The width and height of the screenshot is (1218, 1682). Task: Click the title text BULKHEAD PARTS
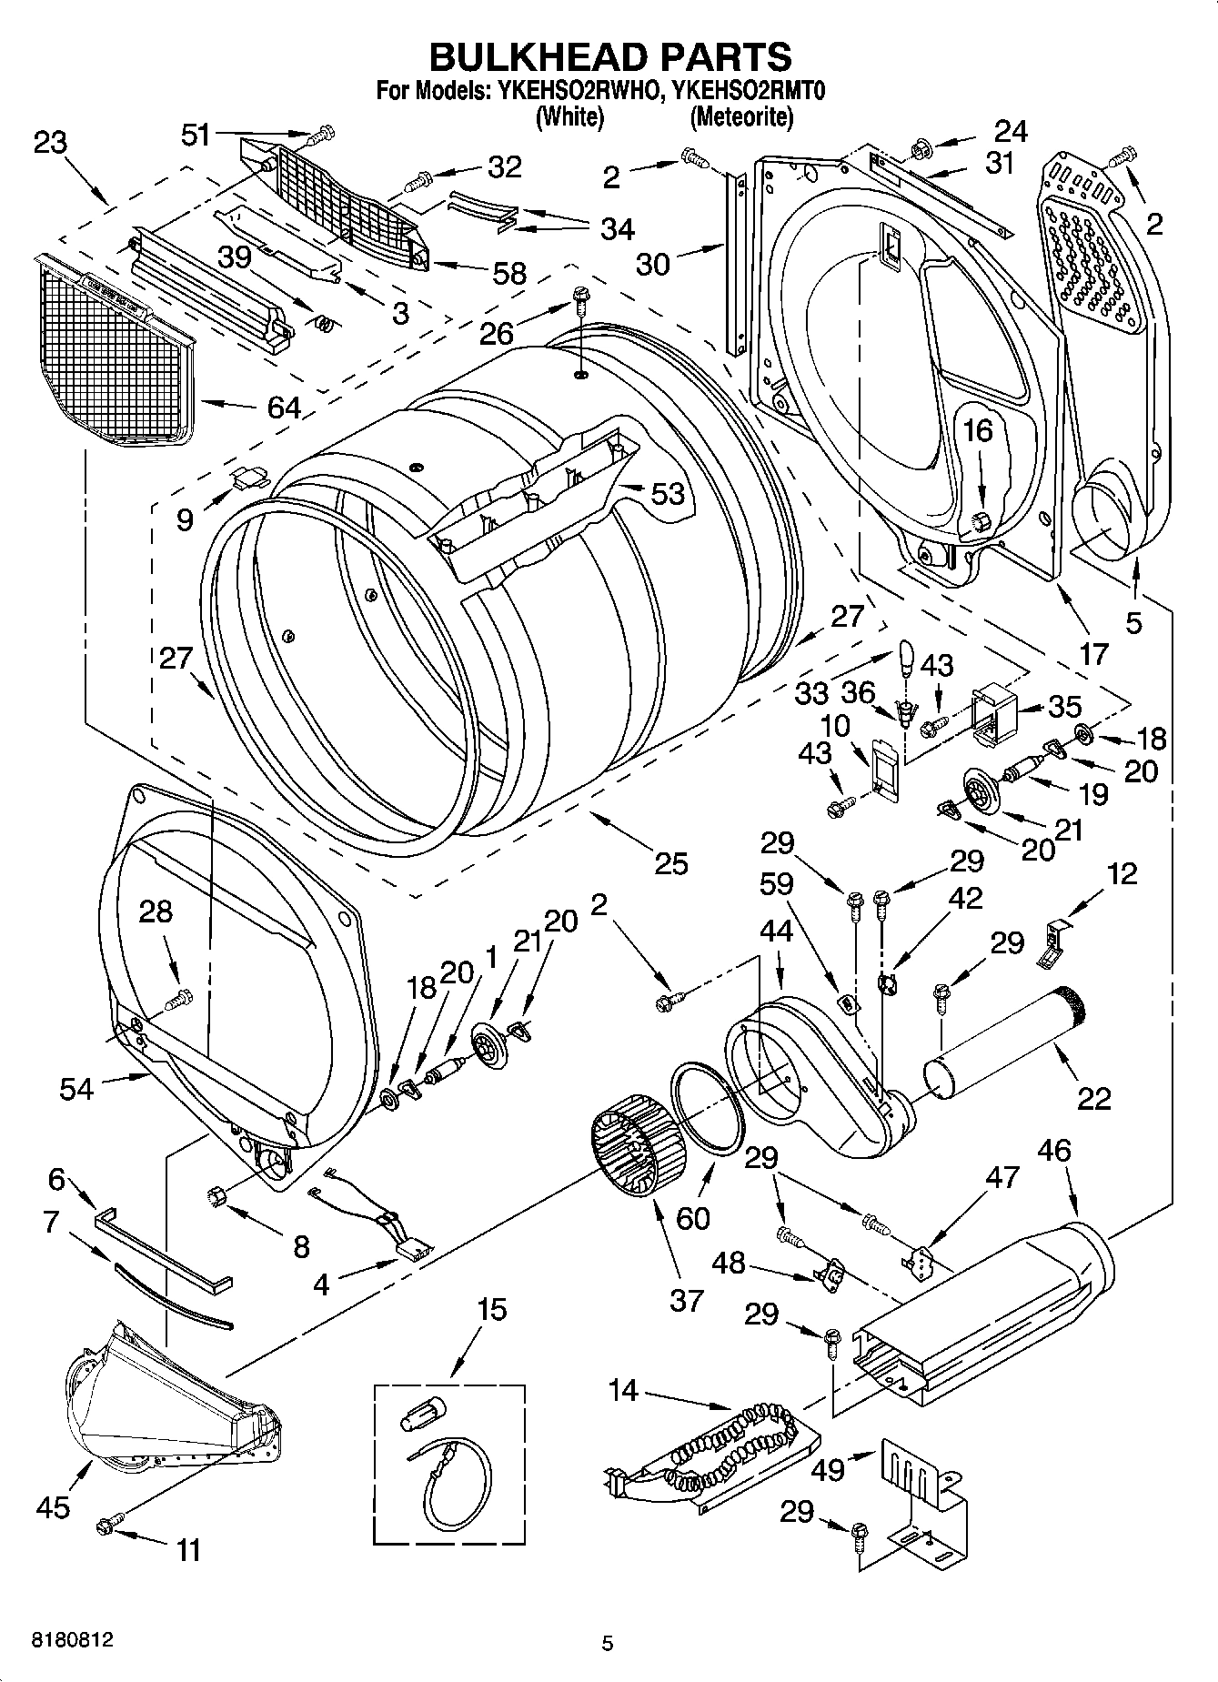tap(609, 56)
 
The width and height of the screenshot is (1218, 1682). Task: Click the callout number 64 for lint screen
tap(284, 407)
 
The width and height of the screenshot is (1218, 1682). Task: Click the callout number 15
tap(491, 1310)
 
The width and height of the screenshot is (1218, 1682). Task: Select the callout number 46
tap(1054, 1150)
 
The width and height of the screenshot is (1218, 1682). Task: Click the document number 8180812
tap(73, 1640)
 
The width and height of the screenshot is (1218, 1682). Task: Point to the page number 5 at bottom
tap(608, 1643)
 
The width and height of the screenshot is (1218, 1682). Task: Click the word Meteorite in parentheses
tap(741, 116)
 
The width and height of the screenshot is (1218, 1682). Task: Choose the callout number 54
tap(76, 1088)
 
